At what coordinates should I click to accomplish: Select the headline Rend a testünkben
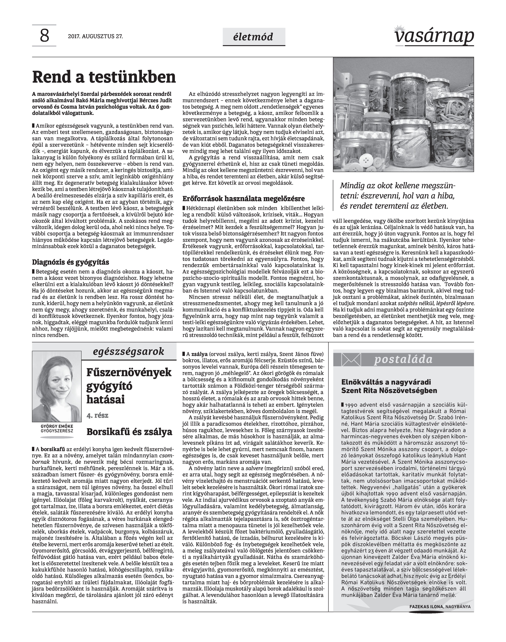click(104, 77)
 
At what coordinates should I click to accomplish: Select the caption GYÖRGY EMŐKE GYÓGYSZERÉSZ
click(57, 429)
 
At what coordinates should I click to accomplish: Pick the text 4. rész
click(98, 415)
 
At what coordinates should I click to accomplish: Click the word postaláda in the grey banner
click(403, 360)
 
